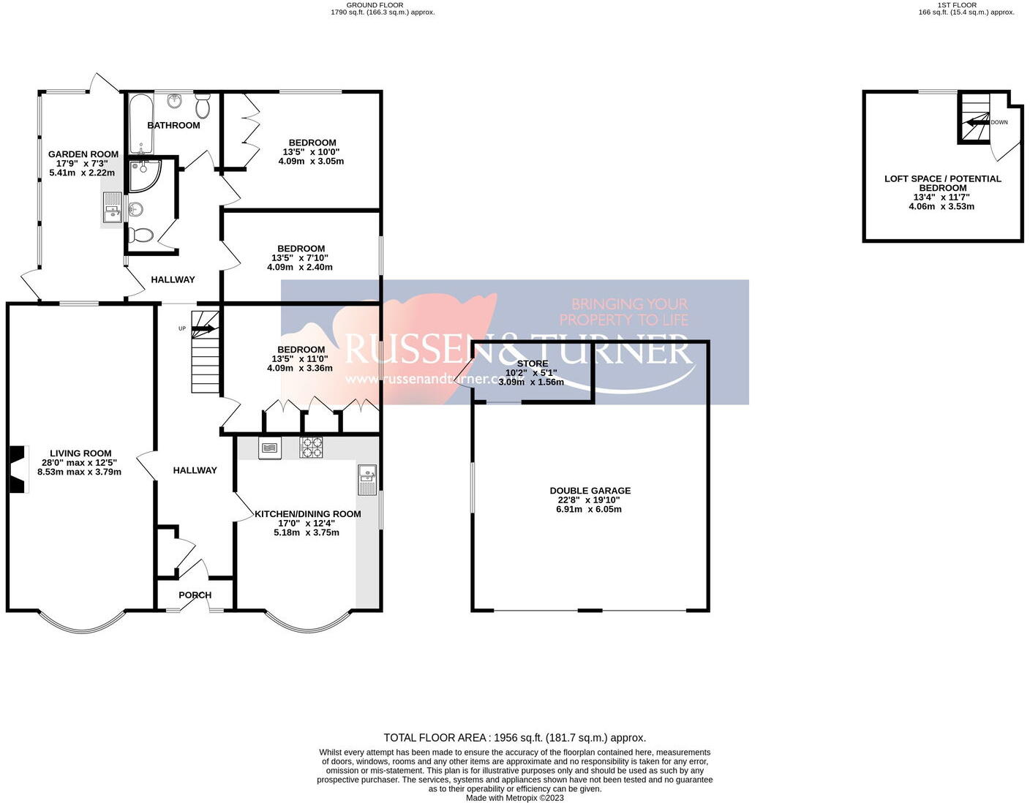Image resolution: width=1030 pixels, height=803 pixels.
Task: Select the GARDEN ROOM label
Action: tap(83, 154)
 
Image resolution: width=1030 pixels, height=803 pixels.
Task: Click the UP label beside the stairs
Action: tap(182, 328)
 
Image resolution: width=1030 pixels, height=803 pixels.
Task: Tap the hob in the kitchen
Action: tap(311, 448)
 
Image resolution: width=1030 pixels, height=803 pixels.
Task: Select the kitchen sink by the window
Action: tap(366, 479)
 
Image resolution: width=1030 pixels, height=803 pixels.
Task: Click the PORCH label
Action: tap(195, 595)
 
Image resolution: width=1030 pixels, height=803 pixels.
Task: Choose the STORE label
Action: tap(532, 363)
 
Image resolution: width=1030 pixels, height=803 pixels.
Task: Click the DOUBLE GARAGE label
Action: tap(590, 491)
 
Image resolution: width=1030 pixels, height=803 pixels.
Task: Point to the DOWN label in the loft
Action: tap(999, 122)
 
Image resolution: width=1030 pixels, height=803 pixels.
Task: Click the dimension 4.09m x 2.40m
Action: tap(300, 267)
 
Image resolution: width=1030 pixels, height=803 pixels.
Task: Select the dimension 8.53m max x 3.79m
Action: tap(80, 472)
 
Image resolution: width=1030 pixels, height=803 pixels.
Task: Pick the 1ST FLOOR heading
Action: tap(957, 5)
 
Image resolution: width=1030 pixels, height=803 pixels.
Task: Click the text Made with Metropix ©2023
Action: tap(515, 798)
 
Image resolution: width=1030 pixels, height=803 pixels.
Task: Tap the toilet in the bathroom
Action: tap(203, 107)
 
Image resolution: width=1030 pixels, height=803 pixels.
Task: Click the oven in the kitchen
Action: tap(270, 448)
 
